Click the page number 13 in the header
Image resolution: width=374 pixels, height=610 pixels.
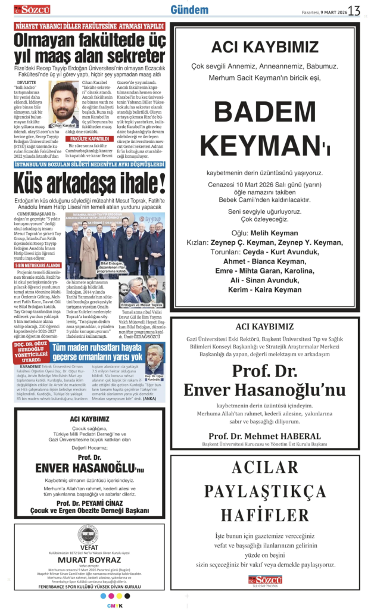pyautogui.click(x=355, y=10)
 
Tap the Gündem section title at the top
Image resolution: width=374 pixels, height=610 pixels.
pyautogui.click(x=189, y=10)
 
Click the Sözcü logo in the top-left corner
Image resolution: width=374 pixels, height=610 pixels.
pyautogui.click(x=33, y=10)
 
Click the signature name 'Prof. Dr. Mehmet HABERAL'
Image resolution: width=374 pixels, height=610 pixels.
pyautogui.click(x=264, y=436)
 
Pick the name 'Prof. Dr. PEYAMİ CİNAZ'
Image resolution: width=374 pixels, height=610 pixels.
pyautogui.click(x=89, y=503)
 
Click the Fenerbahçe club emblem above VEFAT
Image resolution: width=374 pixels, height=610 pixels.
pyautogui.click(x=89, y=535)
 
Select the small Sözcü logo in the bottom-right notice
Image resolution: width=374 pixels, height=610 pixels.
pyautogui.click(x=265, y=580)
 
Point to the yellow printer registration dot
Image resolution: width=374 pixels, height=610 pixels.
pyautogui.click(x=111, y=596)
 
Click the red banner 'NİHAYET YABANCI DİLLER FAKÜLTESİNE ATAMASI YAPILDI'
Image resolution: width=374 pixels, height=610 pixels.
pyautogui.click(x=89, y=26)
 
